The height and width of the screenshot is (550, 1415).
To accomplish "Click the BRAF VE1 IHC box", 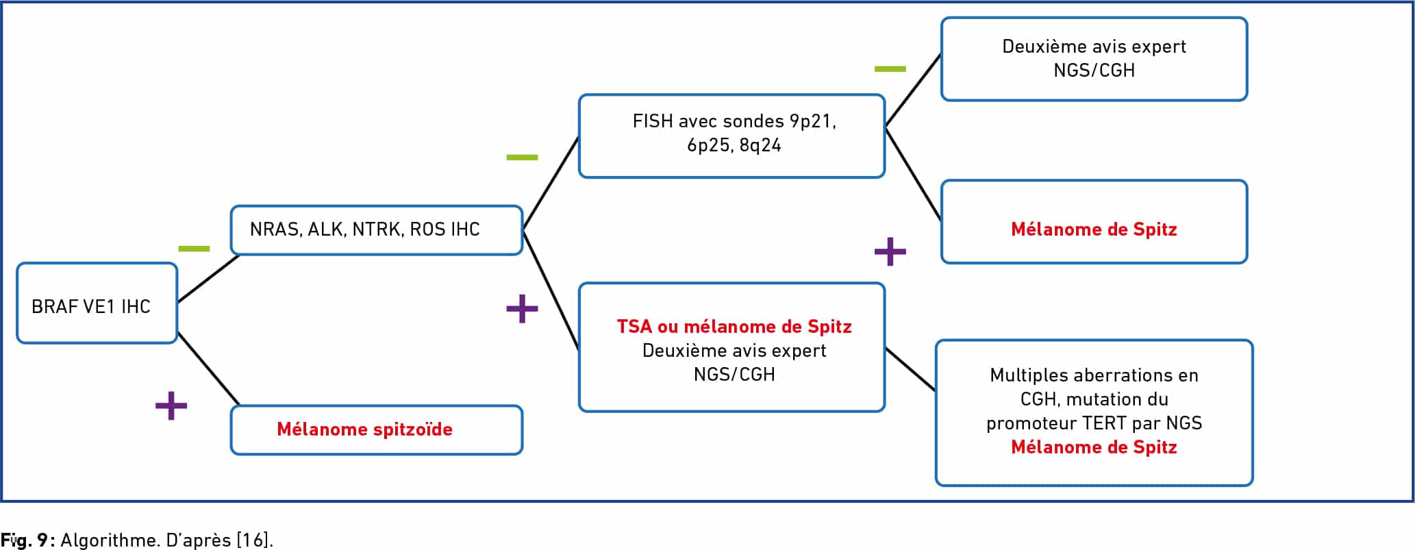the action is [97, 303].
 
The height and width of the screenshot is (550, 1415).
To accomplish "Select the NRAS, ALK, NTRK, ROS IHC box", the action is [377, 230].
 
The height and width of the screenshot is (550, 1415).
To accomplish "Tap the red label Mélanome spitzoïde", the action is [364, 429].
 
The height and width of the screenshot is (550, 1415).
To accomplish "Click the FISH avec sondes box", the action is [731, 136].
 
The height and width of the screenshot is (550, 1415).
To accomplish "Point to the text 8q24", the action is [760, 145].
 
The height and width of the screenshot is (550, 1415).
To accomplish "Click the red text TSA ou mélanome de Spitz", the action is [734, 326].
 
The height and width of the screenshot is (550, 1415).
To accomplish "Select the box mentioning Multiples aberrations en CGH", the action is [1094, 413].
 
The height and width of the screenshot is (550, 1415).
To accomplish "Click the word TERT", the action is [1104, 423].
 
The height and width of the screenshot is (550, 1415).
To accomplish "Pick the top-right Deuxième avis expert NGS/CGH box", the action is [1094, 59].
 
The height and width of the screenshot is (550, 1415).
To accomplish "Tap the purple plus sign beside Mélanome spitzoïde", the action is [171, 405].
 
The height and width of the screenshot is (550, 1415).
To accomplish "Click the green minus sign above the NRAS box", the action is [194, 248].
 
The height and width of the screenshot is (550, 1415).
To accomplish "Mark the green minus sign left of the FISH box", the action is [522, 158].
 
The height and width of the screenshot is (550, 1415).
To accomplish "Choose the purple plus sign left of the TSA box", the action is [522, 308].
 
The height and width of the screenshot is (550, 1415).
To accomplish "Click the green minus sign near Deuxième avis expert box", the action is [890, 68].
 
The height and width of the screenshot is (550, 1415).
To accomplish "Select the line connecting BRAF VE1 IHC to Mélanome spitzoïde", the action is [208, 368].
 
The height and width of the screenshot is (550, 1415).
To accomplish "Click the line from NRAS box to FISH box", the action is [551, 182].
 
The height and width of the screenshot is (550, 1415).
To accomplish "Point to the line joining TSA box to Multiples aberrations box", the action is [910, 369].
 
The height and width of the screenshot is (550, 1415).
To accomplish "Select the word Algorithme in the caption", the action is [110, 540].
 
